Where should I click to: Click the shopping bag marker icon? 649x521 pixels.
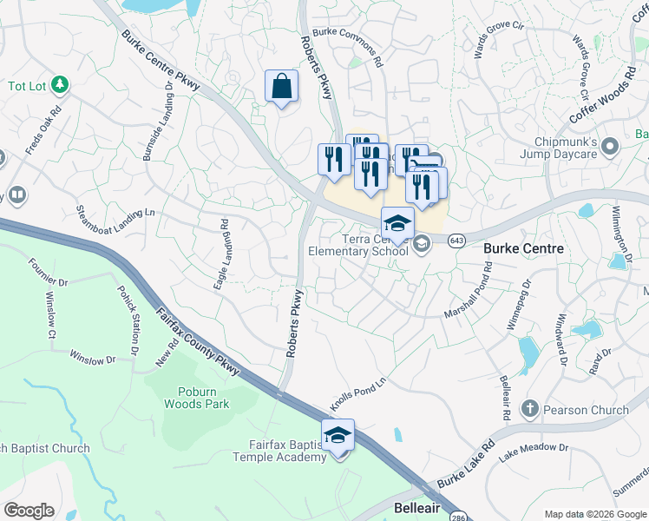(x=281, y=87)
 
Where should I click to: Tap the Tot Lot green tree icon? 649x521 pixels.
(x=60, y=84)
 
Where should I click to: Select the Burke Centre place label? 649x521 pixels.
(x=523, y=248)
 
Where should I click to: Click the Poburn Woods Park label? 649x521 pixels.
(x=198, y=398)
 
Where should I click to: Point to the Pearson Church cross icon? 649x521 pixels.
(x=529, y=408)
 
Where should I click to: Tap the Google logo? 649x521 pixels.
(x=29, y=510)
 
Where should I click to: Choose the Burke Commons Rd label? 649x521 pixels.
(x=348, y=46)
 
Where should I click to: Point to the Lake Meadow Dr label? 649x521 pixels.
(x=534, y=448)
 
